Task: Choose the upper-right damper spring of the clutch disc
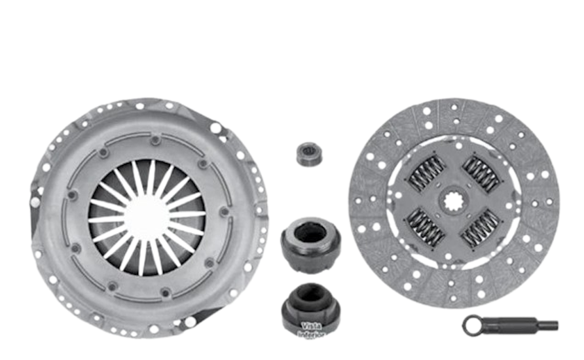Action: pyautogui.click(x=482, y=171)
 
